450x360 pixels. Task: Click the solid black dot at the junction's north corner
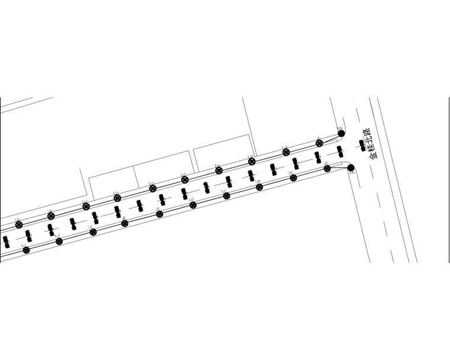pos(341,133)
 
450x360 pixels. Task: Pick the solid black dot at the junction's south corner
pos(351,168)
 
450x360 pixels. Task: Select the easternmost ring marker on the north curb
pos(320,143)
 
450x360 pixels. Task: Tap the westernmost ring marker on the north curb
pos(18,225)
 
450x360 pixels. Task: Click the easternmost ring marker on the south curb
pos(327,169)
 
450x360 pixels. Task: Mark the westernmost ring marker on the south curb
pos(26,250)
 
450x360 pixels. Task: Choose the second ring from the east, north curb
pos(286,152)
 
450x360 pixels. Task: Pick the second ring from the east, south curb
pos(293,178)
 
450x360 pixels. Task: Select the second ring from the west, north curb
pos(51,216)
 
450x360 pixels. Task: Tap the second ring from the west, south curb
pos(59,241)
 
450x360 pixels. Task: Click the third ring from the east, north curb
pos(252,161)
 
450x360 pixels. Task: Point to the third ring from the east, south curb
pos(259,187)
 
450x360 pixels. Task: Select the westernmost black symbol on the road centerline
pos(6,241)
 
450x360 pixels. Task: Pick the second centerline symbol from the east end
pos(340,151)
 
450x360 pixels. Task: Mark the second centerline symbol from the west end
pos(28,235)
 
